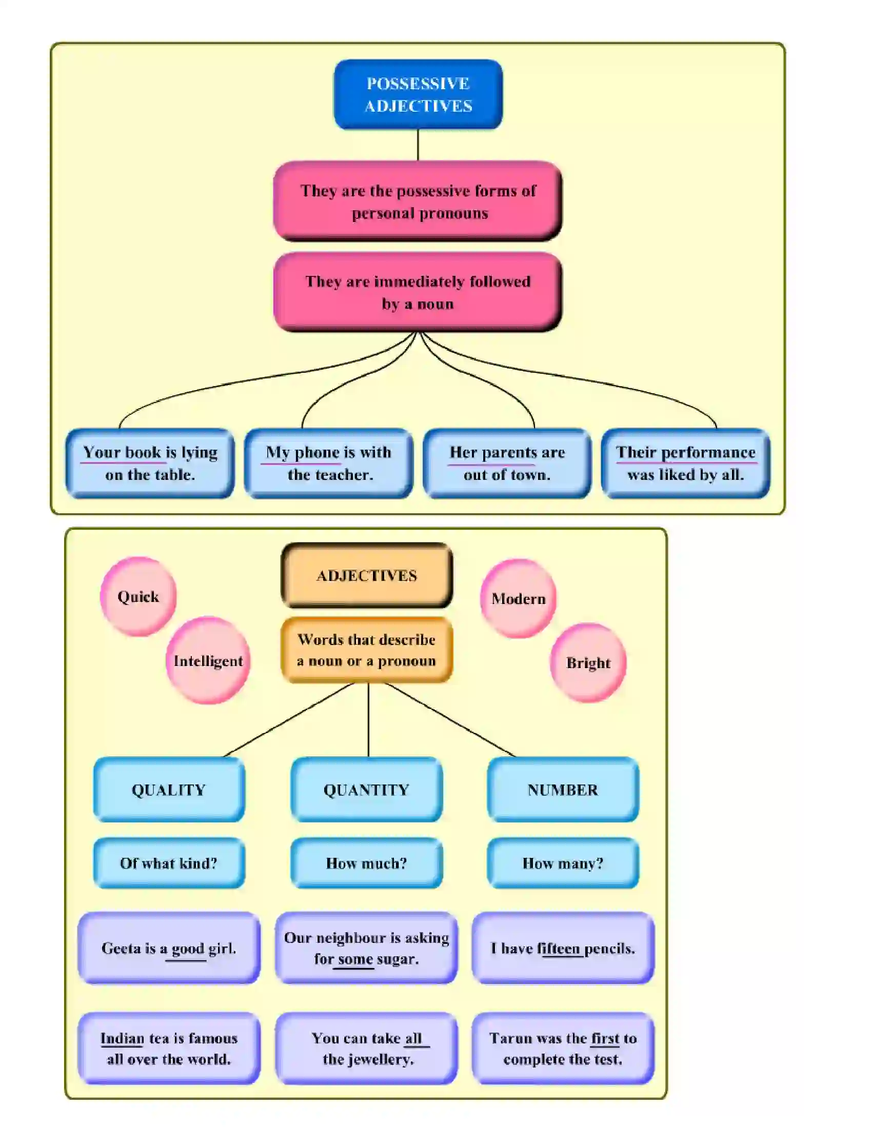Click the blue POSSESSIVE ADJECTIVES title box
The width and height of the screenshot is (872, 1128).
coord(418,94)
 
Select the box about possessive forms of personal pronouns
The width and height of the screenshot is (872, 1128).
coord(418,202)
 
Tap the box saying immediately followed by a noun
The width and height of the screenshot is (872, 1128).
coord(418,292)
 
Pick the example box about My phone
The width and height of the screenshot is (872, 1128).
coord(329,464)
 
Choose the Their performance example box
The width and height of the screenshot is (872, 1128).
coord(685,464)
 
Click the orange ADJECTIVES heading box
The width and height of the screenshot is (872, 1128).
coord(367,575)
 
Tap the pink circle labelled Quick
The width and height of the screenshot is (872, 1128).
coord(138,596)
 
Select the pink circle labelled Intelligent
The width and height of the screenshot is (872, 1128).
coord(208,660)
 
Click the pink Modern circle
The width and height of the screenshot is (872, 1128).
coord(518,598)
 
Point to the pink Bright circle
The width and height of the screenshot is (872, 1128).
coord(588,662)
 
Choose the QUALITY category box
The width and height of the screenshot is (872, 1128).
coord(169,790)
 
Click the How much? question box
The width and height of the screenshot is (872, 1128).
coord(366,863)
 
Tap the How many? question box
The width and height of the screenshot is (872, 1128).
coord(563,863)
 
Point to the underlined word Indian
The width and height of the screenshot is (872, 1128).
coord(122,1038)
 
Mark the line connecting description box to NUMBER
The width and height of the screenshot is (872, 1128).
coord(449,719)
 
